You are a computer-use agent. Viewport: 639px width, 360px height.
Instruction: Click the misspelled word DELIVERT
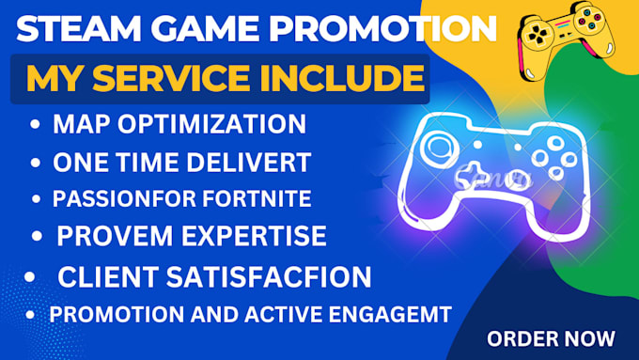(255, 163)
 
